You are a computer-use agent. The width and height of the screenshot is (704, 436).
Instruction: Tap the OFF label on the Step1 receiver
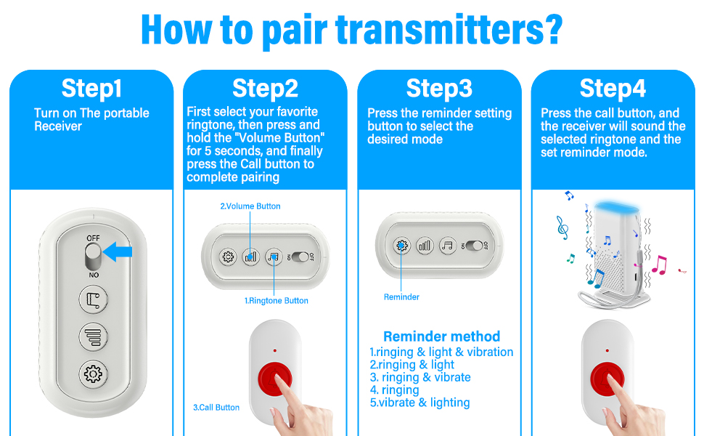click(93, 238)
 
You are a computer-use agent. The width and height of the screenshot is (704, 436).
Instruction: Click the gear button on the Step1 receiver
click(94, 374)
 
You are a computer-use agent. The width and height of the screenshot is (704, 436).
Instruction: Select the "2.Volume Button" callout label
click(250, 206)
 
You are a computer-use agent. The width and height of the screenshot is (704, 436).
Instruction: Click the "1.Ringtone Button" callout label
click(276, 301)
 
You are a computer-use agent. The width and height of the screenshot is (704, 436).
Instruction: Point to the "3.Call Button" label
click(216, 407)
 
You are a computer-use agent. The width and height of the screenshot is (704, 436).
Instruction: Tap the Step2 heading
click(265, 88)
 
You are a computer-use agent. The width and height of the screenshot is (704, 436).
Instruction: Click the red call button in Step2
click(275, 379)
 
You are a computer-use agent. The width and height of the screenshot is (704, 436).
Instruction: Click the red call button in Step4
click(607, 379)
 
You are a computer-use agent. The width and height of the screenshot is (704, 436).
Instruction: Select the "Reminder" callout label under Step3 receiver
click(401, 297)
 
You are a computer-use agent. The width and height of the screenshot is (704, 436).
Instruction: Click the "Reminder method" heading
click(441, 336)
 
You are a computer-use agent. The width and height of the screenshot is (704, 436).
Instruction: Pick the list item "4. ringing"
click(394, 389)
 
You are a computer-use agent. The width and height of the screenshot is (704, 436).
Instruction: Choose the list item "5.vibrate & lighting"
click(419, 403)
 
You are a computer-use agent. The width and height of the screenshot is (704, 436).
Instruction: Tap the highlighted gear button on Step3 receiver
click(401, 246)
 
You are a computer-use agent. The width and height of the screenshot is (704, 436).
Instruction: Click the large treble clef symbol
click(562, 227)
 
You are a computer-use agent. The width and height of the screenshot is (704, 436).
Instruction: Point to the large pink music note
click(659, 265)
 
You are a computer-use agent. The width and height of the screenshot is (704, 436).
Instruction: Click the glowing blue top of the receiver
click(615, 208)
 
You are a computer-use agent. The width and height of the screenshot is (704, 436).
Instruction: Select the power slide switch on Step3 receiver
click(475, 246)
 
